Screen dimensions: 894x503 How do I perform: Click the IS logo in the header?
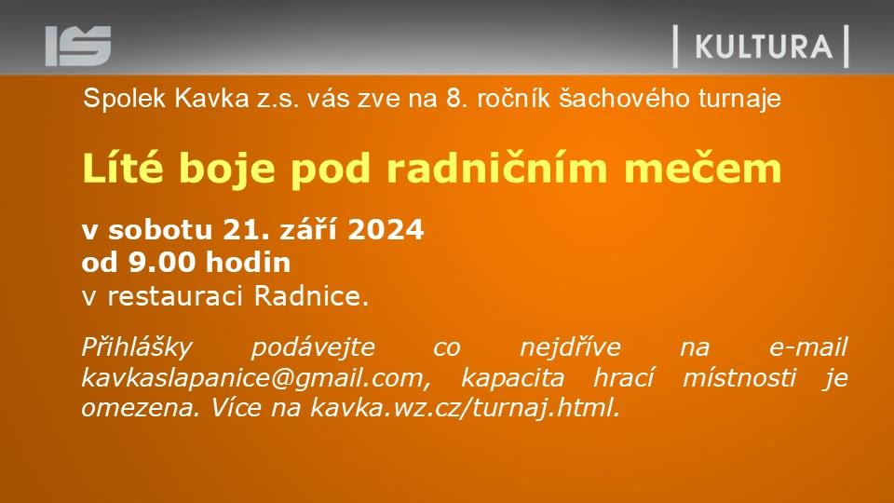(78, 46)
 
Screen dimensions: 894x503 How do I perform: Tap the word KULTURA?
(764, 47)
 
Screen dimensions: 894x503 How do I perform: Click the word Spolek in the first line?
(124, 99)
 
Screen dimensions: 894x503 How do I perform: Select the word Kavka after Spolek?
(211, 98)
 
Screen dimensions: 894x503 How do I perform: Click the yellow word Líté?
(123, 168)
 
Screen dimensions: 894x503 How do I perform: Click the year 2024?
(386, 230)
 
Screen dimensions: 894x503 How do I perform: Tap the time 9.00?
(162, 263)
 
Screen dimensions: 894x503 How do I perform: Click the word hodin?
(248, 263)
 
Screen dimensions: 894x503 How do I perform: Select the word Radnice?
(311, 296)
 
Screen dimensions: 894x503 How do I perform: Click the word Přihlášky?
(137, 347)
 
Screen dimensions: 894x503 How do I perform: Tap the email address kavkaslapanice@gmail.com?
(256, 378)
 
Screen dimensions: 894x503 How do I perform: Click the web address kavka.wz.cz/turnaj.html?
(465, 408)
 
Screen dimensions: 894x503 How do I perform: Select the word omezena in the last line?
(141, 408)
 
